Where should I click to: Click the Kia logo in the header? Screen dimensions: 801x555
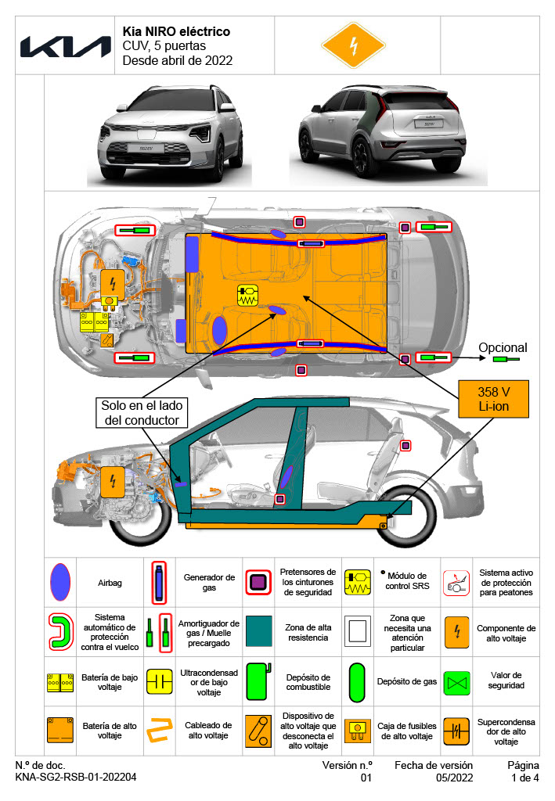(66, 46)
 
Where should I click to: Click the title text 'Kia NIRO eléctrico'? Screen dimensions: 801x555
(176, 32)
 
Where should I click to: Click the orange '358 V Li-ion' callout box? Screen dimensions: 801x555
(494, 399)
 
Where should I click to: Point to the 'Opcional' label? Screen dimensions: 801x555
(503, 348)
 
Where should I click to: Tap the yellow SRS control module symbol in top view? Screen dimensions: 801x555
(247, 296)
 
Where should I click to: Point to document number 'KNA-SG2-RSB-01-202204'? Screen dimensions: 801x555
(76, 778)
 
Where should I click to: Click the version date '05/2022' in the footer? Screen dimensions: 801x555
(455, 778)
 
